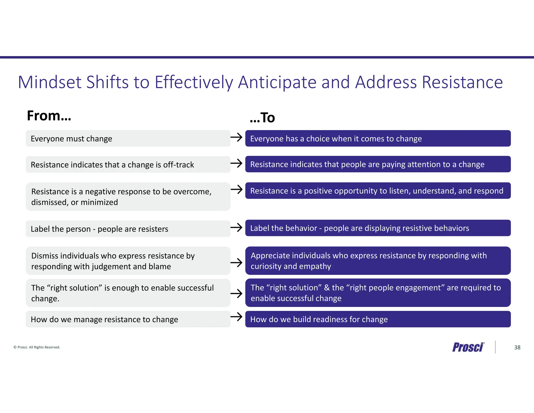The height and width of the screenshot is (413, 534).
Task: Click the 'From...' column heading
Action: [x=49, y=116]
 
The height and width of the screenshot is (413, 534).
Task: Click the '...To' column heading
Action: [x=262, y=118]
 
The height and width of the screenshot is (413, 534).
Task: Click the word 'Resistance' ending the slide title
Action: [x=462, y=82]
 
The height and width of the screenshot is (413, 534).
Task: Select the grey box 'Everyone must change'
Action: [x=128, y=138]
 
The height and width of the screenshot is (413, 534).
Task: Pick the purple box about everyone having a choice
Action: [x=378, y=138]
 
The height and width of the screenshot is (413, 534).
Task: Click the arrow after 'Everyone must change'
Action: [x=236, y=137]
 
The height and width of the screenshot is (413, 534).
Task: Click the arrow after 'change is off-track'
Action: [x=236, y=163]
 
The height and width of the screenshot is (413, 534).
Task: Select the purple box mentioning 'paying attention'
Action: [x=378, y=164]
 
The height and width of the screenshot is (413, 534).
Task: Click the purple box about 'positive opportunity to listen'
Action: [x=378, y=191]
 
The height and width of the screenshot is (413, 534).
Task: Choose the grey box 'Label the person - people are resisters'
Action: [x=128, y=229]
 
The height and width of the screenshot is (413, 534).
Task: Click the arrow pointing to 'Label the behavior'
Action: [x=236, y=227]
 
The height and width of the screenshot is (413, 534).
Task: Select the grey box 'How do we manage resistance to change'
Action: [x=128, y=319]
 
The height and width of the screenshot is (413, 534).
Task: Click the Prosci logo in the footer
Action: [x=468, y=347]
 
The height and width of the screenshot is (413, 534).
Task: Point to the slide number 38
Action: [x=517, y=347]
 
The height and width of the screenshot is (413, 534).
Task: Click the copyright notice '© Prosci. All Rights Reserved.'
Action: [x=37, y=347]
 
